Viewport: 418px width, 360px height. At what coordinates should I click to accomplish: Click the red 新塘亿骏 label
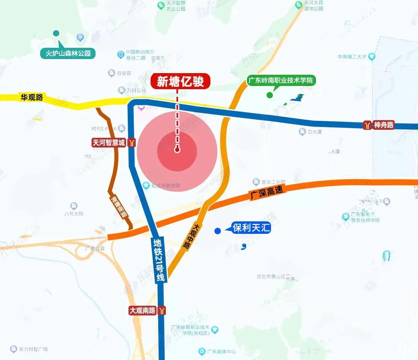coord(180,81)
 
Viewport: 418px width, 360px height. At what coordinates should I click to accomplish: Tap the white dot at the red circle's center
coord(177,150)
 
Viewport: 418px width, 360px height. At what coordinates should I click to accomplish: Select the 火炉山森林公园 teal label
coord(68,53)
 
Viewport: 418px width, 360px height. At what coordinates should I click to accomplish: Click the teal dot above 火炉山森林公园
coord(56,33)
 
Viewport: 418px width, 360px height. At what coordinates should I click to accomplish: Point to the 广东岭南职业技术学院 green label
coord(281,80)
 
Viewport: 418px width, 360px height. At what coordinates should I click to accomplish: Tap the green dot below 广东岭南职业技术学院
coord(270,95)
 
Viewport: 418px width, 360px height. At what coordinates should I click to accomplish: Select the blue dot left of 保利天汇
coord(217,231)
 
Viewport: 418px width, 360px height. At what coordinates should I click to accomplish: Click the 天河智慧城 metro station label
coord(109,142)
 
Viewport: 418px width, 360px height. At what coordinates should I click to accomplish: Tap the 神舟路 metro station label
coord(383,125)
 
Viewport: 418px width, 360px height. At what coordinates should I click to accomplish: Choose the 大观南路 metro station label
coord(143,311)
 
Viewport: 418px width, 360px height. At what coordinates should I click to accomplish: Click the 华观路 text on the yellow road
coord(32,97)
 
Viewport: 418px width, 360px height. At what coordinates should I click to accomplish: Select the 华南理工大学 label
coord(352,57)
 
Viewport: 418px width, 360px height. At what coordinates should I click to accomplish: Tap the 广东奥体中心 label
coord(222,352)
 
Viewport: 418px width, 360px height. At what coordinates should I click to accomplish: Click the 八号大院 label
coord(74,214)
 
